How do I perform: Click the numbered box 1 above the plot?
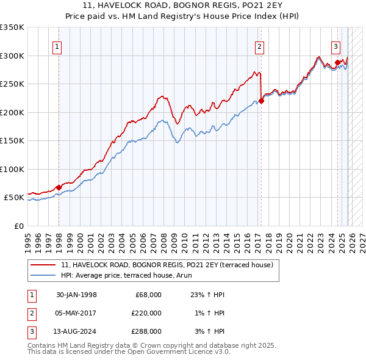coord(57,46)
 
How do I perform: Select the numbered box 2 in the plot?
coord(260,46)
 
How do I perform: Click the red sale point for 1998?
coord(59,187)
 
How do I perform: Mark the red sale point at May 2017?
coord(261,101)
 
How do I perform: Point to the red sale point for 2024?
coord(337,62)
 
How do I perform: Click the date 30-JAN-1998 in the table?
coord(76,295)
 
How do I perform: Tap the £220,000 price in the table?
coord(146,313)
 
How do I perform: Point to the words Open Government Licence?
coord(176,351)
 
